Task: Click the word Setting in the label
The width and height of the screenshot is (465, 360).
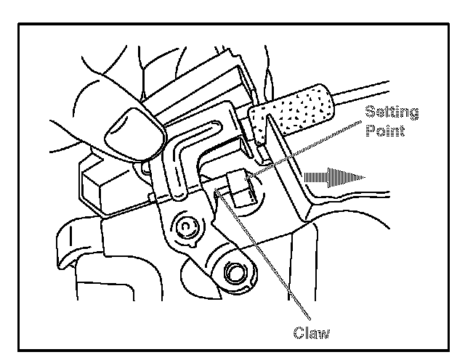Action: (x=392, y=113)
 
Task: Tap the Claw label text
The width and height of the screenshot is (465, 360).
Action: (x=312, y=333)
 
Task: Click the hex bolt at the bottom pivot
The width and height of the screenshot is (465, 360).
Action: (x=234, y=274)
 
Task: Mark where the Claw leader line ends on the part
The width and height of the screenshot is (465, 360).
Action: (x=218, y=192)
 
